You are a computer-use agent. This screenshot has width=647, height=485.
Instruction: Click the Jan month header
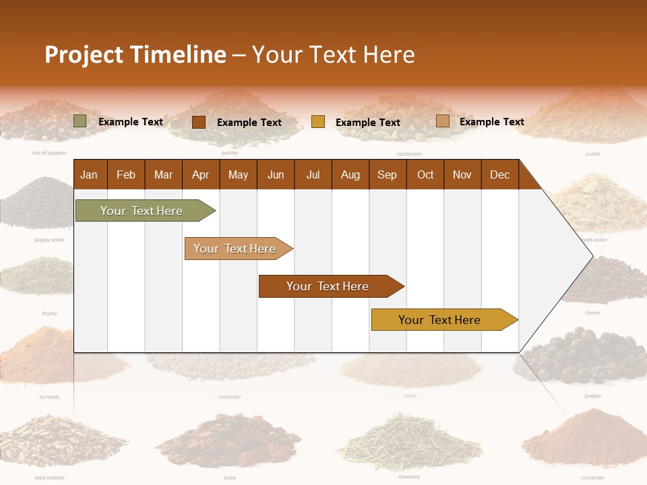[x=89, y=175]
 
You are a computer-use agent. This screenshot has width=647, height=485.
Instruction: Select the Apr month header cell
[x=201, y=175]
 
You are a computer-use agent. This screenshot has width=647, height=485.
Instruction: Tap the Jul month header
[x=313, y=175]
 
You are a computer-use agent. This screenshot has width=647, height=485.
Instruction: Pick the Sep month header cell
[x=387, y=175]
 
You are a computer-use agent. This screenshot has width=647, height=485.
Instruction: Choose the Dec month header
[x=499, y=175]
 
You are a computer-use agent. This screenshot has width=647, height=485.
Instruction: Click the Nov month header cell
[x=462, y=175]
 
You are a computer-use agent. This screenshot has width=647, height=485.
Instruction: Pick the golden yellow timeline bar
[x=442, y=320]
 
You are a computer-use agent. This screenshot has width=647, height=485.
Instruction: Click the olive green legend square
[x=80, y=121]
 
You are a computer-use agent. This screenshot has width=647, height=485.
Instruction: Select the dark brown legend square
[x=199, y=122]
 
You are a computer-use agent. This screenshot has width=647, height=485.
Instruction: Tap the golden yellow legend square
[x=318, y=122]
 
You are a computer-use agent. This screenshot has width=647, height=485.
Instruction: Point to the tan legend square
[x=442, y=121]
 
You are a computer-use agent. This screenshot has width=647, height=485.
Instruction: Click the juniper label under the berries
[x=592, y=396]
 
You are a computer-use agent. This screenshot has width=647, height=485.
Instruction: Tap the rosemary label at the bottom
[x=409, y=477]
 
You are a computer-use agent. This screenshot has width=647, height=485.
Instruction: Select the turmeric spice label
[x=49, y=397]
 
